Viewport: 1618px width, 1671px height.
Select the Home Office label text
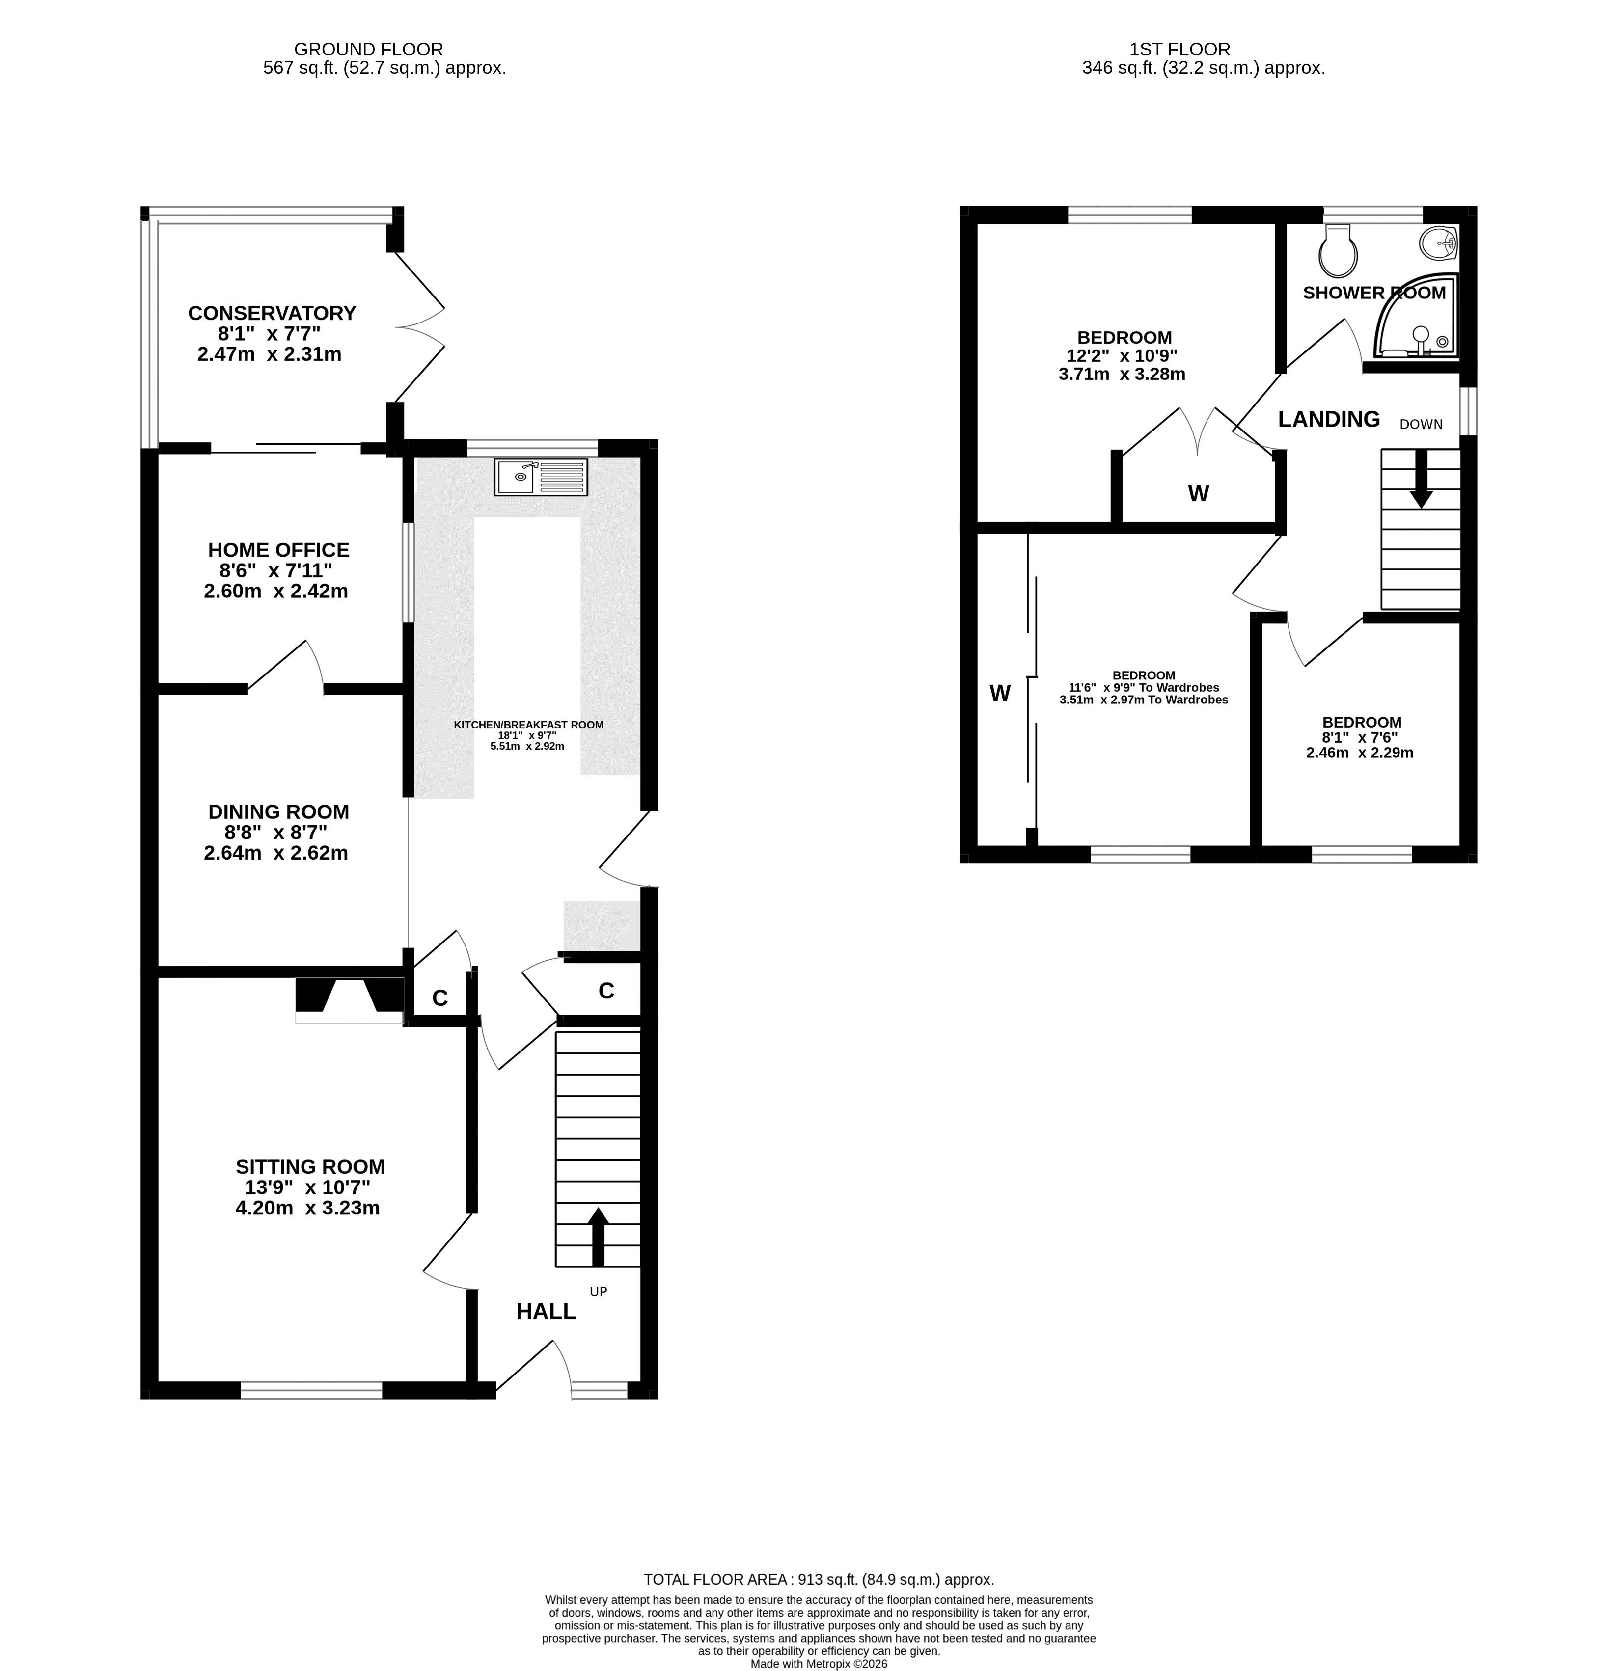(279, 550)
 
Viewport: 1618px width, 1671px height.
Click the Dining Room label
(279, 811)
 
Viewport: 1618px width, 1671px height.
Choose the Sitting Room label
(310, 1166)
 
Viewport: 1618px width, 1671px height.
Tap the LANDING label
(1329, 419)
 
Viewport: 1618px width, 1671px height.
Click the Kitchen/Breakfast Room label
(529, 725)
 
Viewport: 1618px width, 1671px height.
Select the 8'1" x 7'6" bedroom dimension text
(1360, 737)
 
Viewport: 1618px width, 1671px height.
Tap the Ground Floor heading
(368, 50)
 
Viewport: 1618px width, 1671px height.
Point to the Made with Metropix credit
(819, 1663)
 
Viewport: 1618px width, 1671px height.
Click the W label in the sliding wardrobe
(1000, 693)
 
